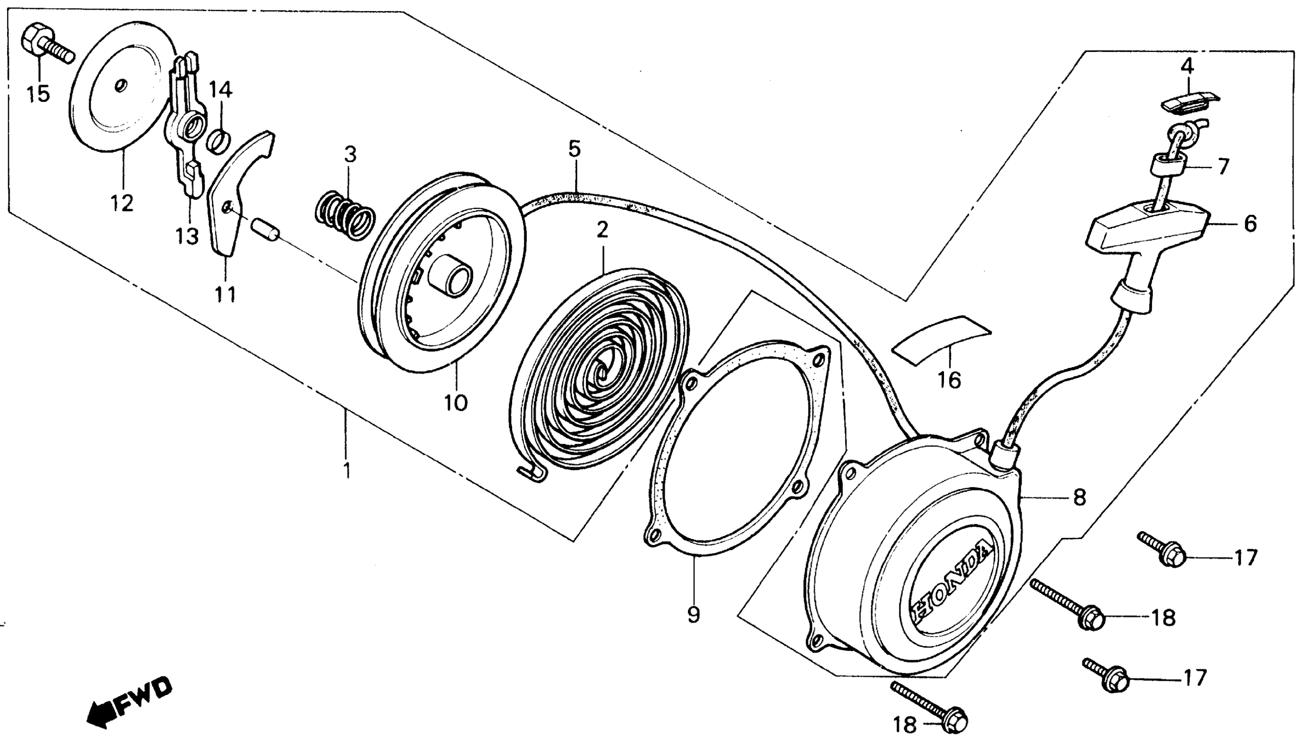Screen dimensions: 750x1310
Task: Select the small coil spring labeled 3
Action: click(x=345, y=215)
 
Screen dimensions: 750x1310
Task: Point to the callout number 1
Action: click(x=347, y=470)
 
